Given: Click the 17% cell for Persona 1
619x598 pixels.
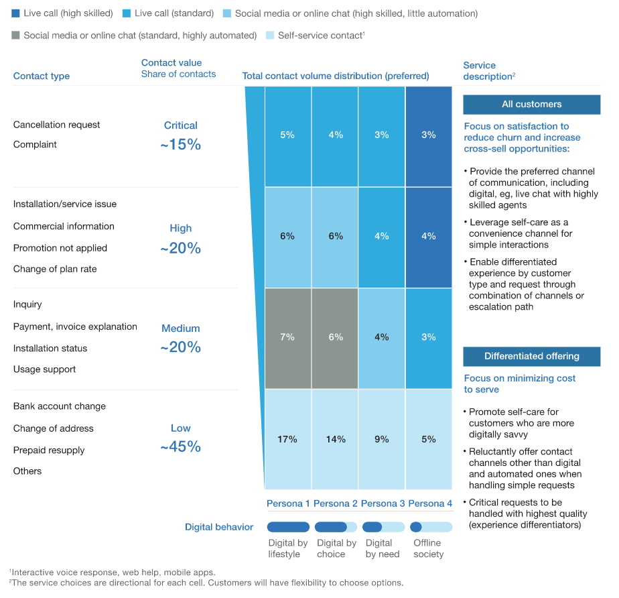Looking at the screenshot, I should pos(287,439).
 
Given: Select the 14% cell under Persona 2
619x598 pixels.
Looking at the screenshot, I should pos(335,439).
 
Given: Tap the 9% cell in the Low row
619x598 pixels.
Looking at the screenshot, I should pos(382,439).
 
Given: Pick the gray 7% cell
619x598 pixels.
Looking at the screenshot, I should pos(287,337).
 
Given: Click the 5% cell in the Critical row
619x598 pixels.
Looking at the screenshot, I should pos(287,135).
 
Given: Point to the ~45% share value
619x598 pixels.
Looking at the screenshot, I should pos(180,447).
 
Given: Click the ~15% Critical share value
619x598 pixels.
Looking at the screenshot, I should pos(180,144).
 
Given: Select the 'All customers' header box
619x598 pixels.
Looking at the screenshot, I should pos(531,105).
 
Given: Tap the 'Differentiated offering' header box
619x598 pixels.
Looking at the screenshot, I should pos(531,357).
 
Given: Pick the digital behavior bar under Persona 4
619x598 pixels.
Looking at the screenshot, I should pos(431,527).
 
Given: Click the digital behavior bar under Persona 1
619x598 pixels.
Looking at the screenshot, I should pos(288,527).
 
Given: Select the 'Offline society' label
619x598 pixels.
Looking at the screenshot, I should pos(428,548).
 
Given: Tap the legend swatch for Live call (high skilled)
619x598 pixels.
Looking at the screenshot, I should pos(15,13).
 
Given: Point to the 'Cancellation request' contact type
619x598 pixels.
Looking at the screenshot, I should pos(57,125).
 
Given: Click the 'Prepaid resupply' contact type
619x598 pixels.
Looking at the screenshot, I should pos(49,450).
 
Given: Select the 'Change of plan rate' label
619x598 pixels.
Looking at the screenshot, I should pos(55,269).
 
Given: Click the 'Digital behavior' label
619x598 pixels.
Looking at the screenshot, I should pos(219,527).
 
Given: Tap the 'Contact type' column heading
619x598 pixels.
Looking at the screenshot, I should pos(42,76).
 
